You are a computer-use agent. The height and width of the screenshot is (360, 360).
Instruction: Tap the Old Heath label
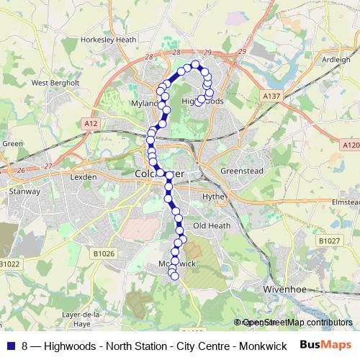coord(210,226)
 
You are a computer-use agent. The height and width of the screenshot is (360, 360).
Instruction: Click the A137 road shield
coord(271,96)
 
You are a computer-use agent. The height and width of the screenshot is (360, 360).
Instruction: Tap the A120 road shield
coord(351,145)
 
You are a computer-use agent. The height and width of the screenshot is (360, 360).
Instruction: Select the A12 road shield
coord(90,125)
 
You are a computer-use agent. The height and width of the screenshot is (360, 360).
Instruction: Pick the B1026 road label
coord(104,253)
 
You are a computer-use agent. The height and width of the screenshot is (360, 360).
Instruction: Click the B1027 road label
coord(330,240)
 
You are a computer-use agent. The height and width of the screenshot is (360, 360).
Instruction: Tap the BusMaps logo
coord(326,345)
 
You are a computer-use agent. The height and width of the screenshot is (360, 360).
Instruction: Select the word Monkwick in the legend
coord(262,346)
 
